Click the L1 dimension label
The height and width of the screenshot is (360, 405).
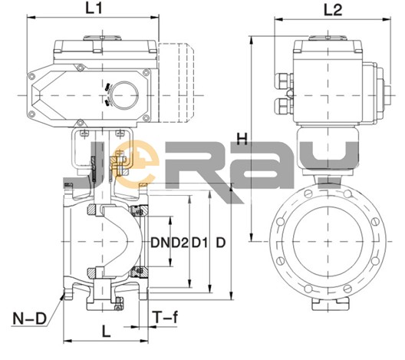point(94,8)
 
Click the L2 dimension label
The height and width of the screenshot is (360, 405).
point(333,10)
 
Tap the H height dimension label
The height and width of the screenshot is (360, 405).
point(242,139)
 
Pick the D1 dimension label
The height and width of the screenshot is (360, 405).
point(199,243)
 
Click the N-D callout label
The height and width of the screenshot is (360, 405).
point(29,319)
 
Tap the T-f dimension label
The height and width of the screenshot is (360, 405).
point(165,317)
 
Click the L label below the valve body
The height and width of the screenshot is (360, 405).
point(106,332)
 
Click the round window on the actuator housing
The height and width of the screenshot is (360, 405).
point(125,95)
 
